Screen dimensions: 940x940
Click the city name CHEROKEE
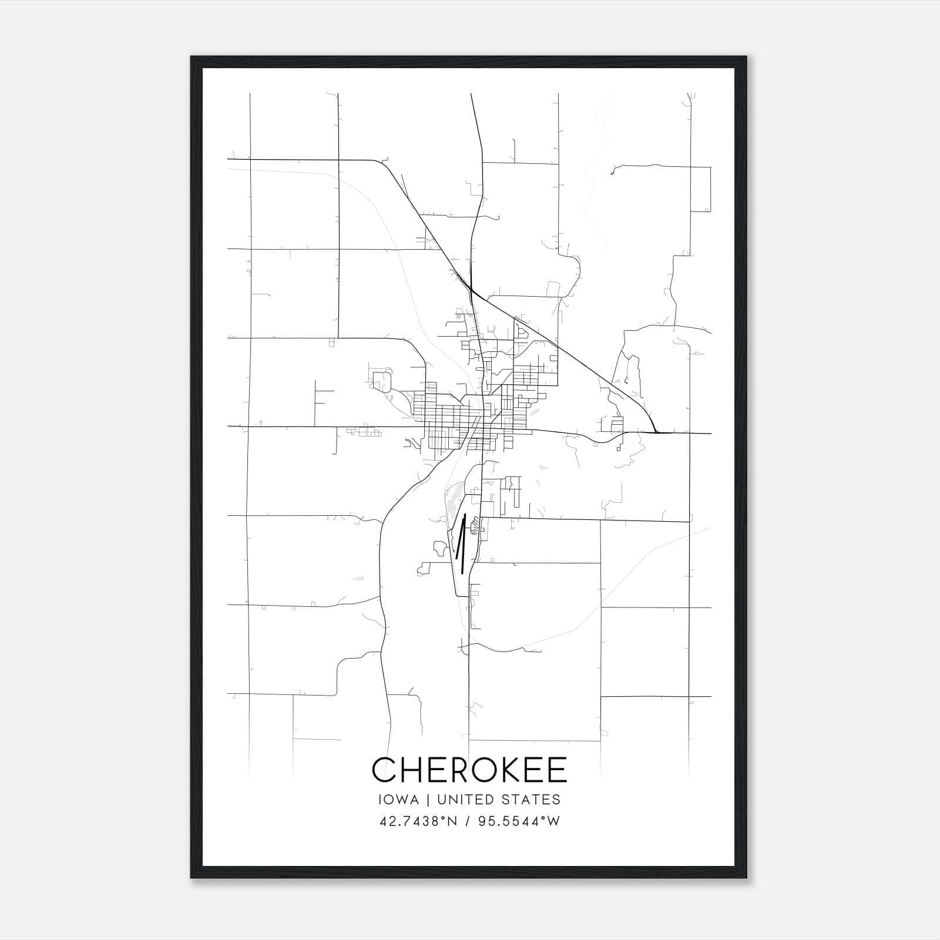[x=469, y=770]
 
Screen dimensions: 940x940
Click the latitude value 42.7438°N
[x=418, y=821]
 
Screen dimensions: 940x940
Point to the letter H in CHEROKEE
[x=414, y=770]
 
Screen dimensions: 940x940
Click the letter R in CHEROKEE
[x=460, y=770]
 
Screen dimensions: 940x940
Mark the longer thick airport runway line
[x=464, y=543]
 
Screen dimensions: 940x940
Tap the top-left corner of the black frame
[x=192, y=57]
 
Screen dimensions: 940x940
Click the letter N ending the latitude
[x=452, y=821]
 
